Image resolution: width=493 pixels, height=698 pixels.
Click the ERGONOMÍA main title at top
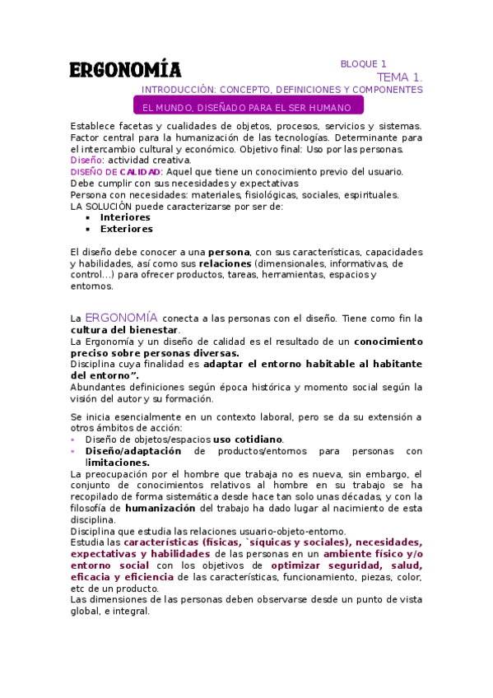tap(125, 69)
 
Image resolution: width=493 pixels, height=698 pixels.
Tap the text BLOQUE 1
tap(363, 63)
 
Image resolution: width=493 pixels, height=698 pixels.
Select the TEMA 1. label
tap(400, 77)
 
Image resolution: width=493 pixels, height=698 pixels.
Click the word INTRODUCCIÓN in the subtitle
tap(177, 90)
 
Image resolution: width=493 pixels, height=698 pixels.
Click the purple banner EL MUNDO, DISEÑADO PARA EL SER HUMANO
tap(247, 108)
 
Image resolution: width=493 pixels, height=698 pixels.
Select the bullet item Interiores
tap(125, 217)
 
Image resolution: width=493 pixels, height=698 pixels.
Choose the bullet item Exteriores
tap(126, 229)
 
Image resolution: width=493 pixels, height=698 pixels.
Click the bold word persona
tap(228, 251)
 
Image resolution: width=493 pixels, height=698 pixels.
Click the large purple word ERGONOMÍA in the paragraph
tap(122, 317)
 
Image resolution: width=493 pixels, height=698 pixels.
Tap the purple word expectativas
tap(102, 554)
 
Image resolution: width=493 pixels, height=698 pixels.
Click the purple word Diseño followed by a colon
tap(86, 160)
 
